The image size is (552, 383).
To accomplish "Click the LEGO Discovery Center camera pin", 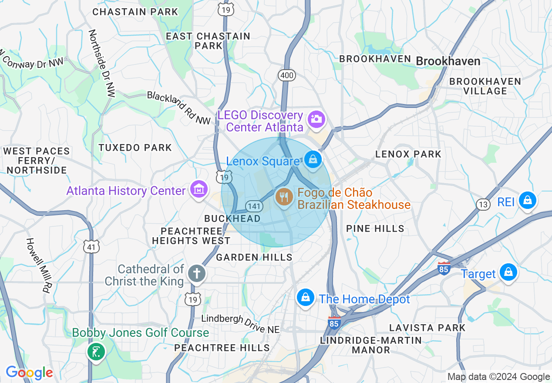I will click(x=316, y=119).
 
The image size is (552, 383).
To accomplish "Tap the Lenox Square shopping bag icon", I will click(x=313, y=159).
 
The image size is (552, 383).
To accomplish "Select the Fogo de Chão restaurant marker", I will click(x=284, y=197).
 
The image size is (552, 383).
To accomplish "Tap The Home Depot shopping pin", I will click(x=305, y=298).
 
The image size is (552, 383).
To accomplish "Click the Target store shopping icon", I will click(x=508, y=272).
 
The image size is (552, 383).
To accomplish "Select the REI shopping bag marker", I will click(x=527, y=201).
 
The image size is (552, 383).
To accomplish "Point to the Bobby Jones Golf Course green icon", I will click(x=96, y=351).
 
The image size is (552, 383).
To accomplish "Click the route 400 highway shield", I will click(x=287, y=76).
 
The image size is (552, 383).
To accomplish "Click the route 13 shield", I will click(x=483, y=205).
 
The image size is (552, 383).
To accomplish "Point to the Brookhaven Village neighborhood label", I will click(x=485, y=86).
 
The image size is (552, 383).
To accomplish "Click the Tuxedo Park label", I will click(x=135, y=148).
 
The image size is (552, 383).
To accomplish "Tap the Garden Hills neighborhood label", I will click(x=254, y=257).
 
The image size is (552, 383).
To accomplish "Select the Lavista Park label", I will click(x=427, y=328).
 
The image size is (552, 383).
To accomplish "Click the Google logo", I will click(x=29, y=373).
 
